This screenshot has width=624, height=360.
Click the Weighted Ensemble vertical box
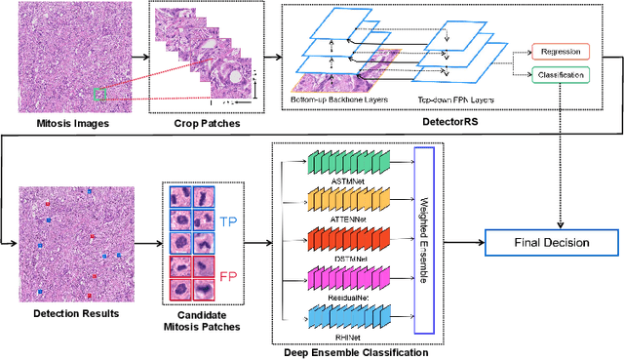click(x=422, y=239)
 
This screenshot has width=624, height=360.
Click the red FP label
click(x=227, y=277)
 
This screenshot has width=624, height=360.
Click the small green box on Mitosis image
click(x=99, y=94)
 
